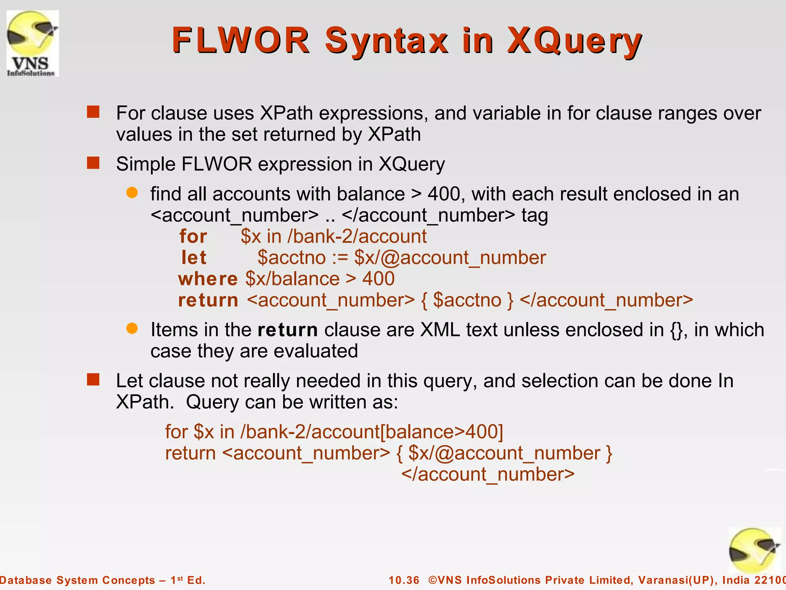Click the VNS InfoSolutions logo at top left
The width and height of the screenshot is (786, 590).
[33, 43]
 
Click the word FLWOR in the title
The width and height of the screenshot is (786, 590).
[241, 40]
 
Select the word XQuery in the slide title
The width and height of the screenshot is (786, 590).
[575, 41]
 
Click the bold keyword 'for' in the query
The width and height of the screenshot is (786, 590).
[193, 236]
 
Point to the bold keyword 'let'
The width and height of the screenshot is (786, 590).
[194, 257]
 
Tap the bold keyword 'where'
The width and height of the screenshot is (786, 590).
[208, 279]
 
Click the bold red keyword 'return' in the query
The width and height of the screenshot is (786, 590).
[208, 300]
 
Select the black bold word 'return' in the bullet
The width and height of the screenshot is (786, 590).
[287, 330]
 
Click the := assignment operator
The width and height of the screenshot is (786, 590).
[340, 258]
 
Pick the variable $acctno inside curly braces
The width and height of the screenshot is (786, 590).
[467, 300]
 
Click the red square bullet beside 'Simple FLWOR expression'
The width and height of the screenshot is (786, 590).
[93, 163]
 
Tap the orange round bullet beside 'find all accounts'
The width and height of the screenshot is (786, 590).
[132, 193]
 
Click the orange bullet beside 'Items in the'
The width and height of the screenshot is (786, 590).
[132, 328]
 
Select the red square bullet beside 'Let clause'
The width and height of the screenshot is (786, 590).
[93, 380]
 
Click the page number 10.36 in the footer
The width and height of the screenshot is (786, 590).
[404, 580]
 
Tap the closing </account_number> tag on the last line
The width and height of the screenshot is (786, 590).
[488, 474]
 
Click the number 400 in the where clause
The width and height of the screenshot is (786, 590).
[378, 279]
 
